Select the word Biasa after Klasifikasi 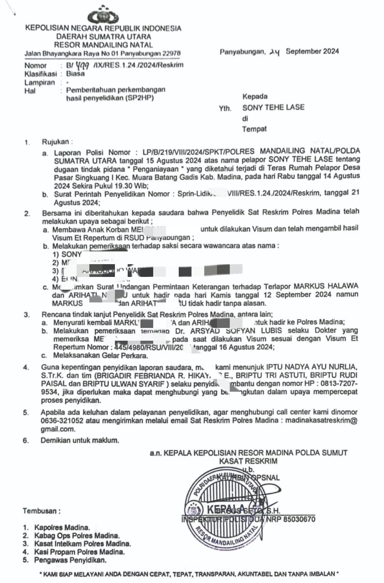point(75,73)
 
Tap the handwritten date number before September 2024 point(274,52)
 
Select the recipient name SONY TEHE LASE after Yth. point(273,108)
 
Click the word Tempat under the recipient point(254,129)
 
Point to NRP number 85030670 point(296,519)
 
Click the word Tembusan point(42,511)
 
